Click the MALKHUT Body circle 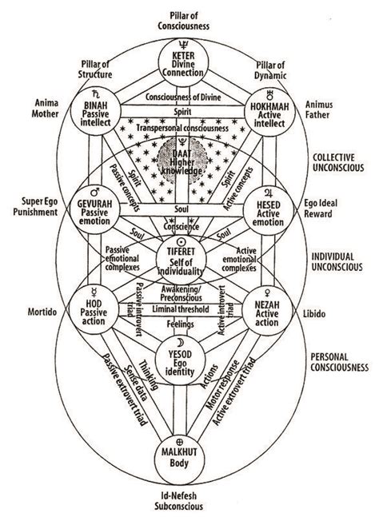(x=189, y=456)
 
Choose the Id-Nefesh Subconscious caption (x=189, y=499)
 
